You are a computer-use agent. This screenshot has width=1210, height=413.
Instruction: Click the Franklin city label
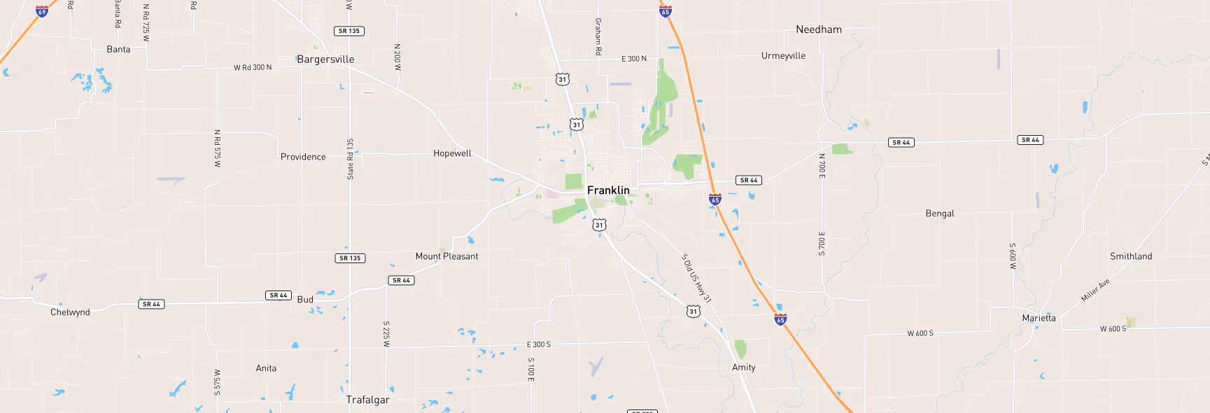point(608,190)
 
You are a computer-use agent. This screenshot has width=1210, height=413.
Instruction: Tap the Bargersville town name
point(325,59)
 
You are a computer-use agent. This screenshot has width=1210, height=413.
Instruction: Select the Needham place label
point(819,29)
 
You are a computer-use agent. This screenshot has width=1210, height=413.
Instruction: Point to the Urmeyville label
point(783,56)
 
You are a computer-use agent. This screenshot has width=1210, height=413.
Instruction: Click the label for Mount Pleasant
point(446,256)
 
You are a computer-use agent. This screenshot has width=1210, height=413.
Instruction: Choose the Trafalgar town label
point(367,400)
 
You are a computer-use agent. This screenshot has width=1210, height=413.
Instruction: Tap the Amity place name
point(743,367)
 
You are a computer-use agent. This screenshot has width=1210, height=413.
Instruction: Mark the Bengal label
point(939,213)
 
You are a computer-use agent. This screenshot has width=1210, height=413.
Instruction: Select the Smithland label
point(1130,256)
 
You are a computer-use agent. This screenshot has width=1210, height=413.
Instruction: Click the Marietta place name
point(1039,318)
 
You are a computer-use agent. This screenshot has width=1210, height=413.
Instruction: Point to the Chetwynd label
point(70,312)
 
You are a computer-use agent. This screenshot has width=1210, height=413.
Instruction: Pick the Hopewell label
point(452,153)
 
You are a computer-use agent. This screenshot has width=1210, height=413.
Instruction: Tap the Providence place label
point(303,157)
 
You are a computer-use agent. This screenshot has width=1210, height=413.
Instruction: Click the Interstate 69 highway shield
point(42,11)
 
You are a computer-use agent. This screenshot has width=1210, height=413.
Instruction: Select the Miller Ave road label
point(1095,290)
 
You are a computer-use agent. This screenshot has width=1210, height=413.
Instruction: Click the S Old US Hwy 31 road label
point(696,278)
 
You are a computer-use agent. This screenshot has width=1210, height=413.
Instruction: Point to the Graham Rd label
point(598,37)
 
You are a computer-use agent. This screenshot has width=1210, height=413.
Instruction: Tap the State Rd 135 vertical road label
point(351,159)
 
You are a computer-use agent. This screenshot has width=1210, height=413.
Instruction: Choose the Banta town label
point(118,50)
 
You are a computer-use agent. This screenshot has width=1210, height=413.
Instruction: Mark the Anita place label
point(266,368)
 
